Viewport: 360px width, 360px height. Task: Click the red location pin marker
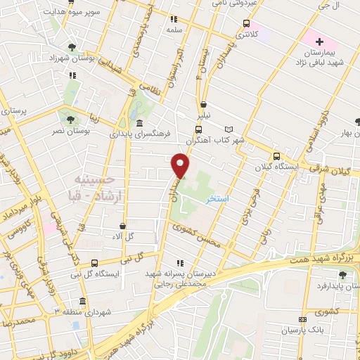click(x=181, y=165)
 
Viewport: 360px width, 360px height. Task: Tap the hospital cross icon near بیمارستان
click(x=319, y=42)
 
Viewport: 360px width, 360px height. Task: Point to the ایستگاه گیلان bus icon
click(x=276, y=156)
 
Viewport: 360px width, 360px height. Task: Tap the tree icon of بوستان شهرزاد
click(x=72, y=47)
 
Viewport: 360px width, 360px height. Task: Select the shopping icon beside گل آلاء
click(x=124, y=226)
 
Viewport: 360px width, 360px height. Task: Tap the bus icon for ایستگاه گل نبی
click(x=94, y=264)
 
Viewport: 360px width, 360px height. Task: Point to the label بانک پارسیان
click(x=300, y=330)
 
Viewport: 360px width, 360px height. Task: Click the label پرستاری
click(x=13, y=112)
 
